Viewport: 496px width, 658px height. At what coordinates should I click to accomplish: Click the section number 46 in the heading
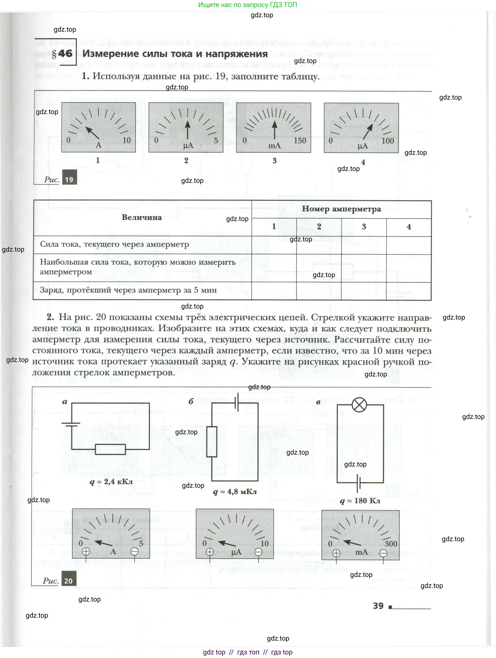coord(65,54)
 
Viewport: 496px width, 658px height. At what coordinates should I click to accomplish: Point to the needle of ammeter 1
coord(93,133)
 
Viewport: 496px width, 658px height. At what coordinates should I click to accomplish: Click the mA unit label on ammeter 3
coord(274,146)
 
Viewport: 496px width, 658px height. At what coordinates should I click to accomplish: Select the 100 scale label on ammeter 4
coord(388,141)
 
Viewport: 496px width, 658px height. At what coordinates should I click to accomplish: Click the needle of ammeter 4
coord(368,132)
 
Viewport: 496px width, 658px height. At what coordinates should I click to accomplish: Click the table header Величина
coord(142,217)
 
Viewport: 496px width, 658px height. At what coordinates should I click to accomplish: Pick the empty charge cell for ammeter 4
coord(409,291)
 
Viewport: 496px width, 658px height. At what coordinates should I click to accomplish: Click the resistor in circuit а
coord(110,449)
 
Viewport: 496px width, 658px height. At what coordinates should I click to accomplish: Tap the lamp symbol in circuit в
coord(359,405)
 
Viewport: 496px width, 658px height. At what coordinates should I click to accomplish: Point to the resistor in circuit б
coord(211,441)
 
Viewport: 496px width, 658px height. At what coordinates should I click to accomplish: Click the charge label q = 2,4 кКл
coord(111,482)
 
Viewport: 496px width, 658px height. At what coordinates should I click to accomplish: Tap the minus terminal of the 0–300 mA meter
coord(383,553)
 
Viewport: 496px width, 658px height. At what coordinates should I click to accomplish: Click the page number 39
coord(378,606)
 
